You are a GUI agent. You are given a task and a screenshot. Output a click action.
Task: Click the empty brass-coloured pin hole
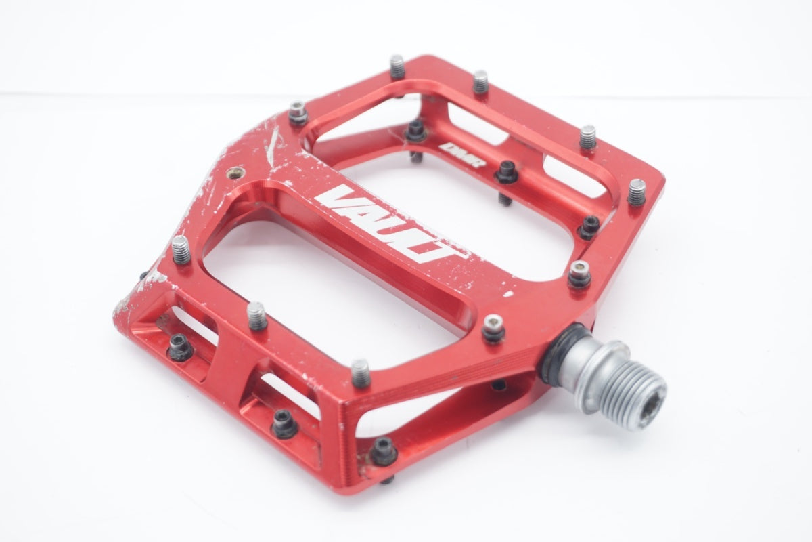(x=235, y=173)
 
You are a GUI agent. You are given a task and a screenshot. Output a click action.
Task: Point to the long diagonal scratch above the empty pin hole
(x=272, y=146)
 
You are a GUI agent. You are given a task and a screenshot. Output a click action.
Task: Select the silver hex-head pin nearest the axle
(x=494, y=328)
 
